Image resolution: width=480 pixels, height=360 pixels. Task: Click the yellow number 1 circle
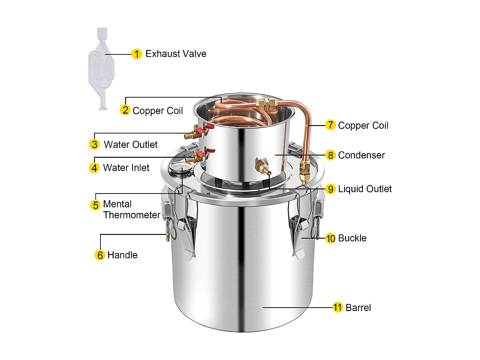(137, 54)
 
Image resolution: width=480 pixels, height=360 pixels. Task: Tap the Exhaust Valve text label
(176, 54)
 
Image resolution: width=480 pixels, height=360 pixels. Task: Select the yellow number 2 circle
(125, 110)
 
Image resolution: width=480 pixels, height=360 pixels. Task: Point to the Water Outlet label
(131, 145)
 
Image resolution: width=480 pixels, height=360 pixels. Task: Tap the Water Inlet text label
(126, 168)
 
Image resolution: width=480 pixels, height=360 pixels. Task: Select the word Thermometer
(132, 215)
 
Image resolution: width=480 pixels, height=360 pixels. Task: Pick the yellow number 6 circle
(100, 255)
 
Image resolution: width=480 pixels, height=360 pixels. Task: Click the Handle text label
(122, 255)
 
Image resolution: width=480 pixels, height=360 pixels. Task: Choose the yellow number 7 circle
(330, 125)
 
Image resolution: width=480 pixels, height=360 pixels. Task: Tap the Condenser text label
(361, 155)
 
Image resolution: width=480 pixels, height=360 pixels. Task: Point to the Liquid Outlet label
(365, 189)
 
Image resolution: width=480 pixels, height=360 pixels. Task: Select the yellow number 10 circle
(330, 238)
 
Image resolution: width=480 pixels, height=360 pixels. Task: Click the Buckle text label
(352, 238)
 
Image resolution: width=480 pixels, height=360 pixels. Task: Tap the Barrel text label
(358, 308)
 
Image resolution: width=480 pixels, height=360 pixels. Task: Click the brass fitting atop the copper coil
(266, 103)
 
